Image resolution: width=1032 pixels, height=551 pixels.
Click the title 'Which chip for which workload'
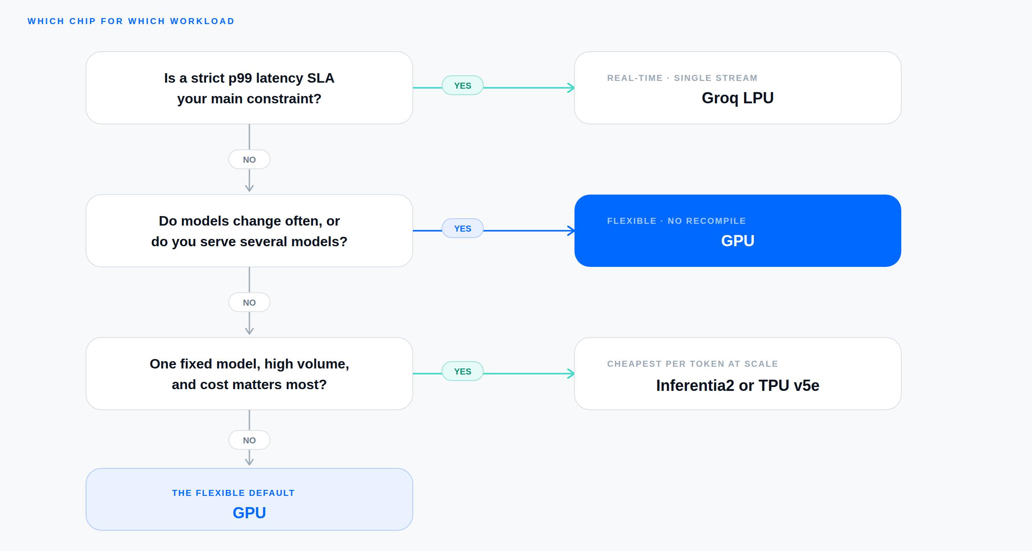tap(131, 21)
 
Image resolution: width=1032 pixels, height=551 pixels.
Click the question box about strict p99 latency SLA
tap(249, 88)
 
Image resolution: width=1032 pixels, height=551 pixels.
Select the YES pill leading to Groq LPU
tap(463, 85)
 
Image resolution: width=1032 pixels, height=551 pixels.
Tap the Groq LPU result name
tap(737, 98)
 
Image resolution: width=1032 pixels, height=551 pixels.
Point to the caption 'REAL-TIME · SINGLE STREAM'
tap(682, 78)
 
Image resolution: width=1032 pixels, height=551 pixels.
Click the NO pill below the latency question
tap(249, 159)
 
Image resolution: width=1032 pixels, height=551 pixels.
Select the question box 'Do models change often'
tap(249, 231)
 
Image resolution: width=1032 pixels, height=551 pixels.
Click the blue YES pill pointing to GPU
tap(463, 228)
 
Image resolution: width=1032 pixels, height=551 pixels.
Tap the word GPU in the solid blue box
tap(737, 241)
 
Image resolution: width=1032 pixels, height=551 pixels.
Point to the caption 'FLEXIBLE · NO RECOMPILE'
tap(676, 221)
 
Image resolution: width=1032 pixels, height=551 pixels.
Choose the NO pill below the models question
tap(249, 302)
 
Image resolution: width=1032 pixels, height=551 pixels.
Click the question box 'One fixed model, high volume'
tap(249, 374)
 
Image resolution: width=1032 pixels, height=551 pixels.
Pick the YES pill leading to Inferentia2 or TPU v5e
tap(463, 371)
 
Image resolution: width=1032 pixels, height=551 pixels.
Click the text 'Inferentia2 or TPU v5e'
tap(737, 385)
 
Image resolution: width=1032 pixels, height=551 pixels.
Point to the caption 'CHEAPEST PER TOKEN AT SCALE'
tap(693, 364)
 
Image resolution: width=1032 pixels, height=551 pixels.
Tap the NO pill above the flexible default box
tap(249, 440)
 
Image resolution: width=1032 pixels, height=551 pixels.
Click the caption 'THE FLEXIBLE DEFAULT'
tap(233, 493)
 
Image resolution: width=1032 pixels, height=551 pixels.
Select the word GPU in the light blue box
tap(249, 513)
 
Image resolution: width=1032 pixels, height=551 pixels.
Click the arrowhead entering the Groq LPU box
tap(571, 88)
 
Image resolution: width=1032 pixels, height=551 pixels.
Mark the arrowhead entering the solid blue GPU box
tap(571, 231)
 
